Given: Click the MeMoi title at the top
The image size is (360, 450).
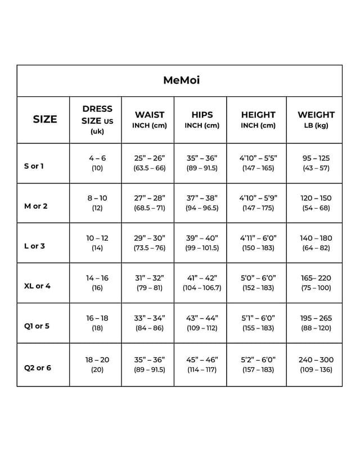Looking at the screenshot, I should tap(181, 80).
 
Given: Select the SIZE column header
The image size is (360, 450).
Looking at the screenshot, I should tap(45, 119).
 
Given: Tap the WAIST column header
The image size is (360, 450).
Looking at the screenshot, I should tap(149, 120).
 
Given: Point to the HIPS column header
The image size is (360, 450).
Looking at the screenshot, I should tap(202, 120).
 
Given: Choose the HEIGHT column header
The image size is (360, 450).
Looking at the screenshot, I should tap(258, 120).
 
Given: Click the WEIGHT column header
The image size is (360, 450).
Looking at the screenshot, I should tap(316, 120).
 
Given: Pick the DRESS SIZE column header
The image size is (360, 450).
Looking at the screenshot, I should tap(97, 119).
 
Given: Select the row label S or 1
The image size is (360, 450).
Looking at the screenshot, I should tap(34, 166).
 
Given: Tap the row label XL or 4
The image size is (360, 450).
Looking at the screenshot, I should tap(38, 286).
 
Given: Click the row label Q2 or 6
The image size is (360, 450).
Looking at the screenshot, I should tap(38, 368).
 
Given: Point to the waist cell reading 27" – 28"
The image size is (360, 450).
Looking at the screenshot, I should tap(149, 202).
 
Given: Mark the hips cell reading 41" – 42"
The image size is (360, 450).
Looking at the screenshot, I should tap(202, 282).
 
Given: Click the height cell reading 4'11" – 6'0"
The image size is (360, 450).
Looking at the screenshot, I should tap(258, 242).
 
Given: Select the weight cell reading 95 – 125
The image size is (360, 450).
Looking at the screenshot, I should tap(316, 163).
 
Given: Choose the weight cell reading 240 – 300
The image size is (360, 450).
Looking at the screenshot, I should tap(316, 364).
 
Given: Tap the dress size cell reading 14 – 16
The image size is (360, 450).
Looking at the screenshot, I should tap(97, 282).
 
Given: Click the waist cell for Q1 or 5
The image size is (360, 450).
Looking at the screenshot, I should tap(149, 322).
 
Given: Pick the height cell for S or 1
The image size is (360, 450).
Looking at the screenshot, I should tap(258, 163).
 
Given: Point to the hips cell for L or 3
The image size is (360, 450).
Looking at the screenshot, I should tap(202, 242).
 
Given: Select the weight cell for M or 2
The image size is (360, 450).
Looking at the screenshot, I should tap(316, 202).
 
